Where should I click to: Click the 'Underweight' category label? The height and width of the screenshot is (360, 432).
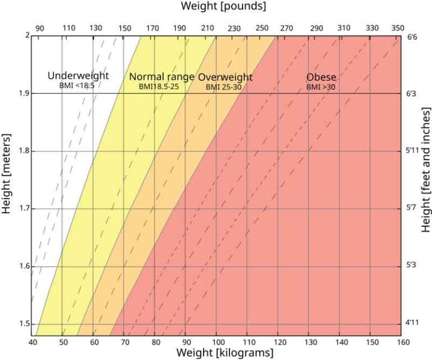point(78,76)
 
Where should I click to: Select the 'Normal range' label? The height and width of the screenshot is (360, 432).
point(161,77)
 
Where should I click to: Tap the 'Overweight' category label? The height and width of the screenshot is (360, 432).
point(225,77)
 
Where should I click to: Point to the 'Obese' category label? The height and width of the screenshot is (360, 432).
point(321,77)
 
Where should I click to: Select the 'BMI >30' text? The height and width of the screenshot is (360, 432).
point(321,87)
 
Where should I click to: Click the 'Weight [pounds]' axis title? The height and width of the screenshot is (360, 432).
point(223,7)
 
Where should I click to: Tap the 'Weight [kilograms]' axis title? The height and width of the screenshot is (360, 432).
point(224,353)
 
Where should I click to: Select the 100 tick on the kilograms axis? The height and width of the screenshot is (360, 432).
point(215,341)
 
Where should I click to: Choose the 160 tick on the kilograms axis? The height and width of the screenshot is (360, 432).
point(398,341)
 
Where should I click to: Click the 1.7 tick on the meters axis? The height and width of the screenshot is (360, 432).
point(21,209)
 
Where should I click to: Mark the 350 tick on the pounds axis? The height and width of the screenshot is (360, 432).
point(397,28)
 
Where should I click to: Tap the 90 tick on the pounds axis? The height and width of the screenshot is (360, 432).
point(39,28)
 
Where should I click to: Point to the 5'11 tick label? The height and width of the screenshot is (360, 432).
point(412,151)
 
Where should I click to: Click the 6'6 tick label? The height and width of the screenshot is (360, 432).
point(412,37)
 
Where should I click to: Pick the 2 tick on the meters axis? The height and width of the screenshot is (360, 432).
point(25,35)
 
